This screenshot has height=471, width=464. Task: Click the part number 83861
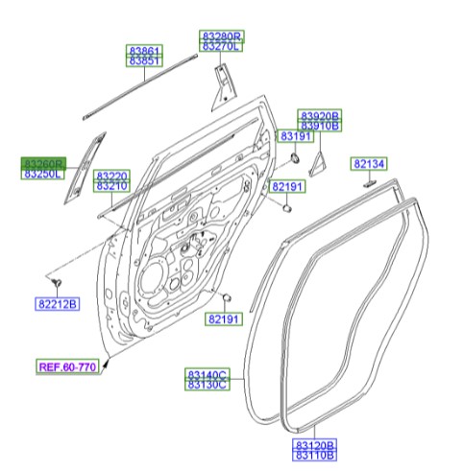[x=146, y=50]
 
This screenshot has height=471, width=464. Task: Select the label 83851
[x=146, y=60]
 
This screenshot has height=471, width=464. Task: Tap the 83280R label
[x=221, y=35]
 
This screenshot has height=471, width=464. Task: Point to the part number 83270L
[x=221, y=46]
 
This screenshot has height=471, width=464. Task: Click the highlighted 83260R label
[x=43, y=164]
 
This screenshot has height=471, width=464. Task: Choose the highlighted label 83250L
[x=43, y=175]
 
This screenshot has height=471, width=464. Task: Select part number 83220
[x=111, y=176]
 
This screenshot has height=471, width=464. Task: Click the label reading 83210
[x=111, y=186]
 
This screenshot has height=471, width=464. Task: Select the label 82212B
[x=59, y=305]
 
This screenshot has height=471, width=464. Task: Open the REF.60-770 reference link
[x=68, y=366]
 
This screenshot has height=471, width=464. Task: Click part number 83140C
[x=207, y=374]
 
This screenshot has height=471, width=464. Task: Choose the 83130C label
[x=207, y=385]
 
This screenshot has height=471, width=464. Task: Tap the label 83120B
[x=314, y=446]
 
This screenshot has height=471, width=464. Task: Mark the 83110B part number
[x=314, y=457]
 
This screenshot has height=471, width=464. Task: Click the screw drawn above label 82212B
[x=58, y=281]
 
